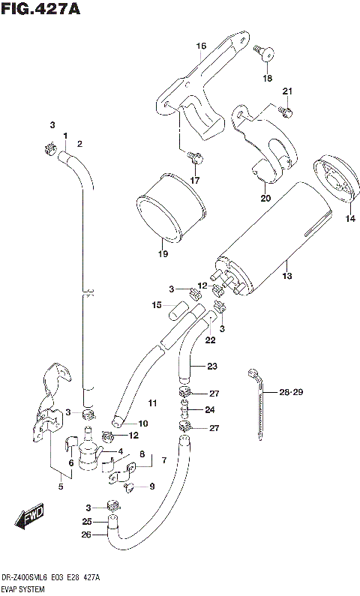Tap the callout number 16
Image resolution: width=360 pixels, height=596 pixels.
click(x=201, y=46)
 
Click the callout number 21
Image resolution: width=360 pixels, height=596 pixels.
click(x=286, y=91)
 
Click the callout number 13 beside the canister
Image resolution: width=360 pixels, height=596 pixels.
click(x=286, y=276)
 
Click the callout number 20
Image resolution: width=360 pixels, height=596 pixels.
click(x=265, y=199)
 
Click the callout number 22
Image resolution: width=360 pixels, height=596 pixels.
click(x=211, y=340)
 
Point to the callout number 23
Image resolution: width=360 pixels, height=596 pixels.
click(x=211, y=366)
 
